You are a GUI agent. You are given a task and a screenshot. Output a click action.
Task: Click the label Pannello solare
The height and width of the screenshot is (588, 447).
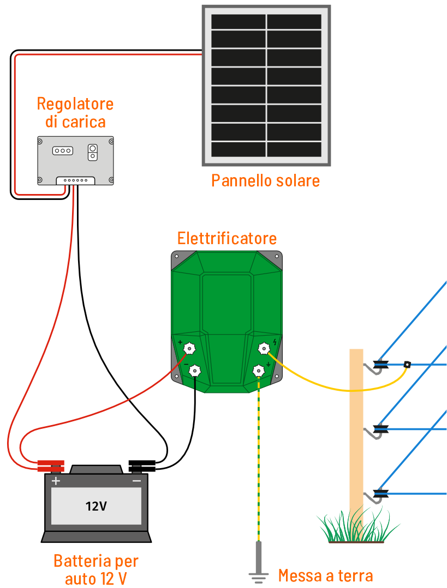265,180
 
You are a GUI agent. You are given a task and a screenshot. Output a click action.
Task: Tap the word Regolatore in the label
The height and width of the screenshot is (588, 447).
75,104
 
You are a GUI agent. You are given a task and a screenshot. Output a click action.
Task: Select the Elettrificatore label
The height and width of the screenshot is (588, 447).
227,238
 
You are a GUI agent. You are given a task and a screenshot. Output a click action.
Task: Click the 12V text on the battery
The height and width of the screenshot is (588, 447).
96,506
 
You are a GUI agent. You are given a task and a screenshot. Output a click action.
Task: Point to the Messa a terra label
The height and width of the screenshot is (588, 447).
325,575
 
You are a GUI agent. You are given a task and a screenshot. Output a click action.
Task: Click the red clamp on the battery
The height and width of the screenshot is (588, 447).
50,466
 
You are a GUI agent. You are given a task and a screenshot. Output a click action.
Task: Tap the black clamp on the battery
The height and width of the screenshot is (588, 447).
142,466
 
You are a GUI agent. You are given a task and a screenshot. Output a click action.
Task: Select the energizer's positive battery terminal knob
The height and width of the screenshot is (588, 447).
189,348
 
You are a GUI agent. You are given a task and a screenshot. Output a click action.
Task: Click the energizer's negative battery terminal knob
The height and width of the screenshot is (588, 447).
194,371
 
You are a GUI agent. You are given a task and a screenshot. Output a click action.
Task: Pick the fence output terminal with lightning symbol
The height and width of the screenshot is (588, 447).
264,348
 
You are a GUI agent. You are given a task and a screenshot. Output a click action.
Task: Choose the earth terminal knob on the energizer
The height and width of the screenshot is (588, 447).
259,371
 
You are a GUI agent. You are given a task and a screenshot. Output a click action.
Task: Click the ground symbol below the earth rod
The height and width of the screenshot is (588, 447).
258,575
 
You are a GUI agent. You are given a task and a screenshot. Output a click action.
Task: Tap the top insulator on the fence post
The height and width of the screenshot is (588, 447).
380,365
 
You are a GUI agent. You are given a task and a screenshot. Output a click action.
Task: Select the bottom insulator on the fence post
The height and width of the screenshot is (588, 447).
380,494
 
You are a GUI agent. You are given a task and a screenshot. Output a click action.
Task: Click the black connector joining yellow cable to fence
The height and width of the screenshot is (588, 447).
407,364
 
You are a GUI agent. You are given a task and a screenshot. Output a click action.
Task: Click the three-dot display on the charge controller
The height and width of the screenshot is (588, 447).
63,150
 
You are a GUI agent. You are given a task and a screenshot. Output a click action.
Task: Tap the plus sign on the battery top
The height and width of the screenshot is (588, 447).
56,481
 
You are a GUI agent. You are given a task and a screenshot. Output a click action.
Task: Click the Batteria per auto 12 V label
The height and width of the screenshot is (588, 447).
96,569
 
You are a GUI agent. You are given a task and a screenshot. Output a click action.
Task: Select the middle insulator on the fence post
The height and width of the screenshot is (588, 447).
380,429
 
